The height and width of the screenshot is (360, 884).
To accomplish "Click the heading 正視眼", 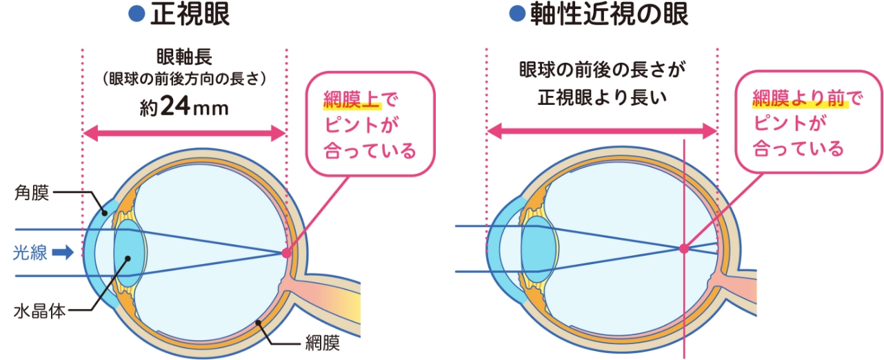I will click(x=190, y=14).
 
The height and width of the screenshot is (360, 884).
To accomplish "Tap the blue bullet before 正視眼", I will click(x=137, y=13).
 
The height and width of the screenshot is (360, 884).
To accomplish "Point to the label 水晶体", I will click(x=39, y=311).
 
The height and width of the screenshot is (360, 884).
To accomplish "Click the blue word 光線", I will click(x=30, y=253).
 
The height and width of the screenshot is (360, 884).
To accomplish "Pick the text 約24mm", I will click(x=183, y=107).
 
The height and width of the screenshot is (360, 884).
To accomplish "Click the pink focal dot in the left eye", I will click(x=286, y=253).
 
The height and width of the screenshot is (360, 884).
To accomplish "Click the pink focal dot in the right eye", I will click(x=683, y=248).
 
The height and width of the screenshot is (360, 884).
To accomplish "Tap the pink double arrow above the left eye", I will click(x=183, y=134).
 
